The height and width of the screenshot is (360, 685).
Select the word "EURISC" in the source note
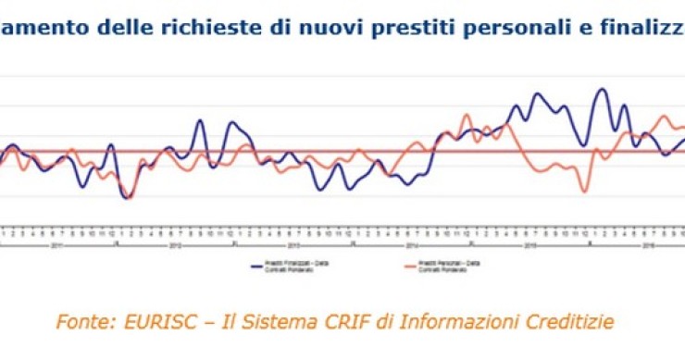coord(152,322)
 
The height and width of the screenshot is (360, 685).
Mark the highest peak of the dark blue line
coord(603,90)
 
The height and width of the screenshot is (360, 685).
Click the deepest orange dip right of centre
coord(585,191)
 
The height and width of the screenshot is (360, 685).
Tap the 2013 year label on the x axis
coord(293,245)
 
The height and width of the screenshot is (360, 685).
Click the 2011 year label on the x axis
coord(56,245)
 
